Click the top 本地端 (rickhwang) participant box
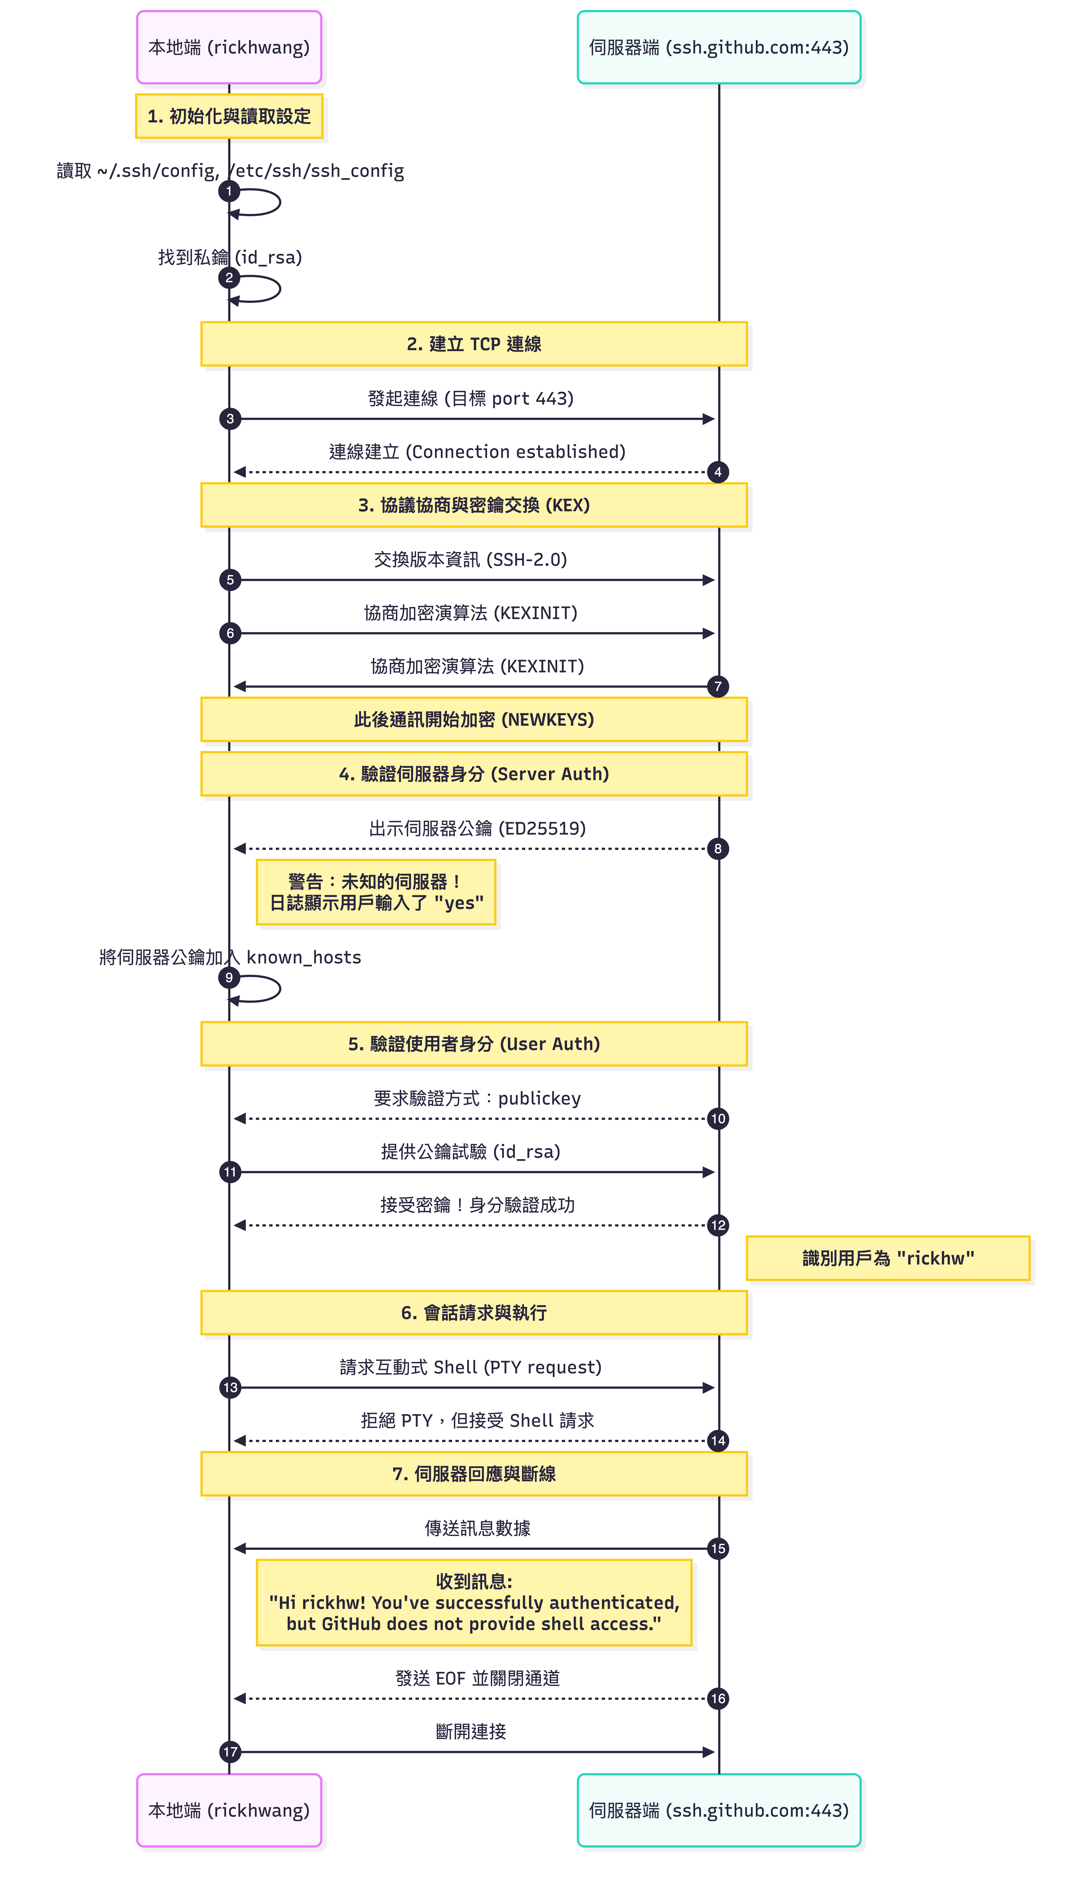pos(229,47)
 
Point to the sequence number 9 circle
pos(229,977)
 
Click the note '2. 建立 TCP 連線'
pos(474,344)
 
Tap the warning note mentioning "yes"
pos(376,892)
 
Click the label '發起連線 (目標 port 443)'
pos(471,398)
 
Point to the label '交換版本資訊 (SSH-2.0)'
pos(471,559)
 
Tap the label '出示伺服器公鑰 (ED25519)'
pos(477,828)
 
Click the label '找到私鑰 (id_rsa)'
pos(230,257)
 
